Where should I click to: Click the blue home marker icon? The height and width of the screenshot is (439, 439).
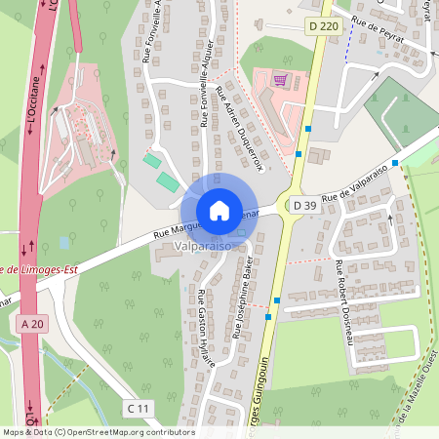coord(219,210)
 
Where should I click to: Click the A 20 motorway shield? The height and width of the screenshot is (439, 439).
coord(32,321)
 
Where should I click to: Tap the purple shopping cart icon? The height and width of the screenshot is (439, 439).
coord(281,80)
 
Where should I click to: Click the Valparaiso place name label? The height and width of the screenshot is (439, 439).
coord(202,248)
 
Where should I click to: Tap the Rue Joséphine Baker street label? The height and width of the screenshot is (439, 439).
coord(241,298)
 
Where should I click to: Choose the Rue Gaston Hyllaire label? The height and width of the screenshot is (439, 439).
coord(206,329)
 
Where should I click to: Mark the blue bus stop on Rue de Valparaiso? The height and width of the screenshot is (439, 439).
coord(395,162)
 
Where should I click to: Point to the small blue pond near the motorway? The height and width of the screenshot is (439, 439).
coord(64,242)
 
